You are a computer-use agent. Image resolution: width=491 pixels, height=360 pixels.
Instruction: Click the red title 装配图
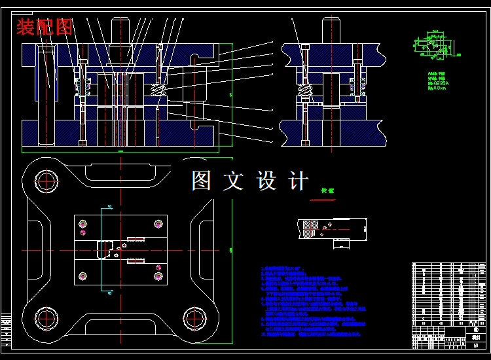[x=44, y=27]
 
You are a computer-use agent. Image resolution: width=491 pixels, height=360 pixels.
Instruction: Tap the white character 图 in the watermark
[x=202, y=181]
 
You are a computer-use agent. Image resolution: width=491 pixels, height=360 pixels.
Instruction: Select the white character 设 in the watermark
[x=267, y=181]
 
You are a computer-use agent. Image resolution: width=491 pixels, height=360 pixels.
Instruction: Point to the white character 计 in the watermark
[x=299, y=181]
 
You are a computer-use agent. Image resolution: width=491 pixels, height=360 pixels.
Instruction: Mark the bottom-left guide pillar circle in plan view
[x=47, y=317]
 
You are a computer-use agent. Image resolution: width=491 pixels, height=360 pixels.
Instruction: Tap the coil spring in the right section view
[x=304, y=90]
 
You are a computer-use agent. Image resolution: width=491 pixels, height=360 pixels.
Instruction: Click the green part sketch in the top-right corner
[x=433, y=45]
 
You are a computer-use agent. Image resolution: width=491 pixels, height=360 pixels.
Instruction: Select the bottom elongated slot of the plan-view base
[x=121, y=323]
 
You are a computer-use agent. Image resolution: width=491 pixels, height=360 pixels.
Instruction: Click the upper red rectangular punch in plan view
[x=136, y=238]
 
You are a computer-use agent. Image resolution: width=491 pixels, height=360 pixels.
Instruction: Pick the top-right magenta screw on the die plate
[x=158, y=224]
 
